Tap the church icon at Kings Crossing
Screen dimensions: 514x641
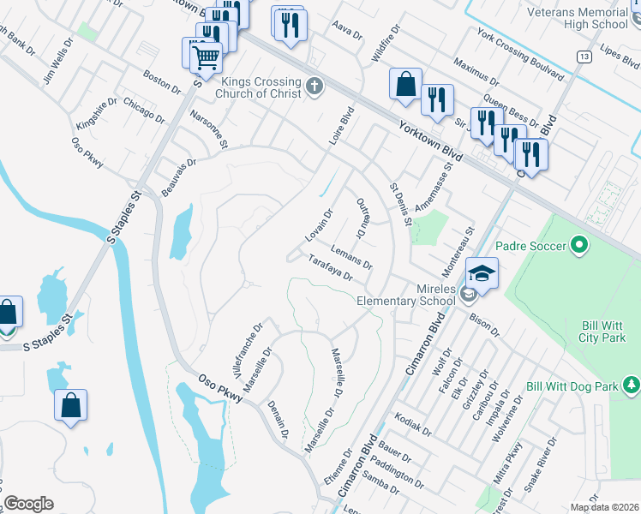click(x=315, y=86)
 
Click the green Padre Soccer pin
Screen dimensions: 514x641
click(x=579, y=246)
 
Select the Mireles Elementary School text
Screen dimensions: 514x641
click(x=406, y=295)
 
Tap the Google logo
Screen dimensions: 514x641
click(x=29, y=504)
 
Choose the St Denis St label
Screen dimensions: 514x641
click(x=401, y=204)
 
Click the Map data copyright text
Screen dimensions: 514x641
click(x=604, y=507)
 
